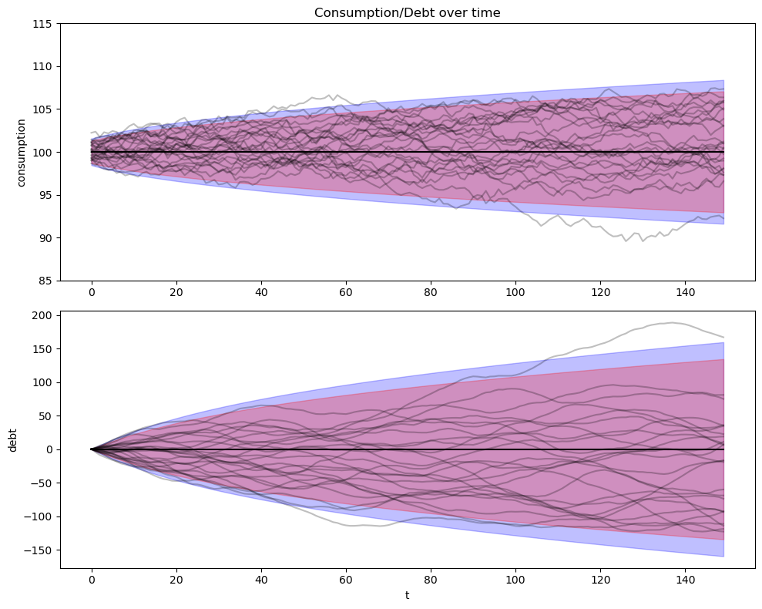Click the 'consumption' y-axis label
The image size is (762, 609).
pyautogui.click(x=22, y=152)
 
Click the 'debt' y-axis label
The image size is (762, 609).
pyautogui.click(x=13, y=439)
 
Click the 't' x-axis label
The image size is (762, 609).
pyautogui.click(x=407, y=595)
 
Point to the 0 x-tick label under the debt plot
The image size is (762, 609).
pyautogui.click(x=92, y=580)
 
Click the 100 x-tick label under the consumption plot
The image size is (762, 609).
pyautogui.click(x=515, y=293)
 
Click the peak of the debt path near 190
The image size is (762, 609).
pyautogui.click(x=672, y=322)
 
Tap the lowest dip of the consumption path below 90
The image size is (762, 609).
pyautogui.click(x=625, y=241)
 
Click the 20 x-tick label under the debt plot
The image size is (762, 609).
pyautogui.click(x=176, y=580)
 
